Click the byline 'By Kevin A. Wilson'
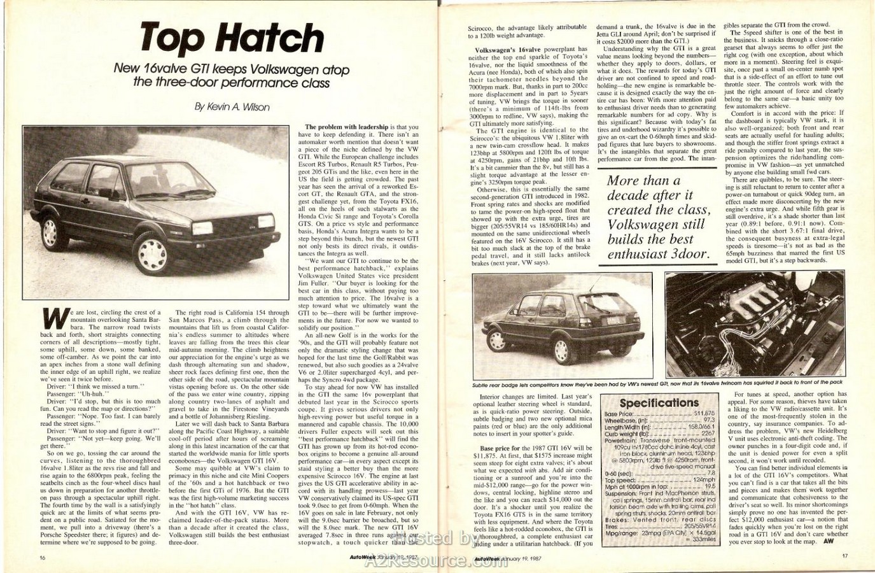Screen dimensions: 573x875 [x=232, y=107]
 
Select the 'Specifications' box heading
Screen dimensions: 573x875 [x=659, y=402]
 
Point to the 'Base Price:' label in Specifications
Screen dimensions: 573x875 [x=619, y=414]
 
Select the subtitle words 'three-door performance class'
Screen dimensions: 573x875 [x=232, y=83]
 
